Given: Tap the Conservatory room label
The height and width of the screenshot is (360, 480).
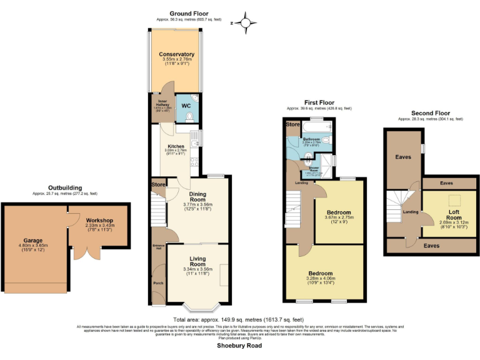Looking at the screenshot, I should coord(176,54).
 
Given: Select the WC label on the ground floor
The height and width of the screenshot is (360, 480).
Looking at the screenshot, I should coord(186,106).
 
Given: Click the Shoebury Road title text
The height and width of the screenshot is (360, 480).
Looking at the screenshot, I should coord(239,345).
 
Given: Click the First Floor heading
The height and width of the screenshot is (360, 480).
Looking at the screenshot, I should coord(319,102).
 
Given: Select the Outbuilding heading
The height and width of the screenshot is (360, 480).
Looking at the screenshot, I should coord(65,187).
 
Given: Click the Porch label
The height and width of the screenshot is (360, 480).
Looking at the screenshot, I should coord(158,284).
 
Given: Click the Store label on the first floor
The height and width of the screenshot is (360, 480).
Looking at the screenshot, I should coord(293,125).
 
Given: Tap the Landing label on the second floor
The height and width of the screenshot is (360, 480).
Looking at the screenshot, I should coord(411,212).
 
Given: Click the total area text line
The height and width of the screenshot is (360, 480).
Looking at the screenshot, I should coord(239,319).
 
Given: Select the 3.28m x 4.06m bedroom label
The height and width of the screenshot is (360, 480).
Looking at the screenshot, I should coord(324,274).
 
